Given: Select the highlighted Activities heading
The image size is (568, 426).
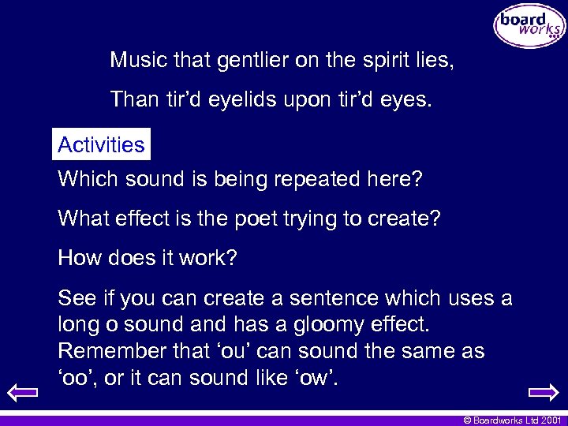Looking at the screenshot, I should [x=101, y=145].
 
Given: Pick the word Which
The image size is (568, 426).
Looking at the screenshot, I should [x=84, y=179].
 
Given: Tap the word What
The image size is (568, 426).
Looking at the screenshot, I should [x=81, y=218].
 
